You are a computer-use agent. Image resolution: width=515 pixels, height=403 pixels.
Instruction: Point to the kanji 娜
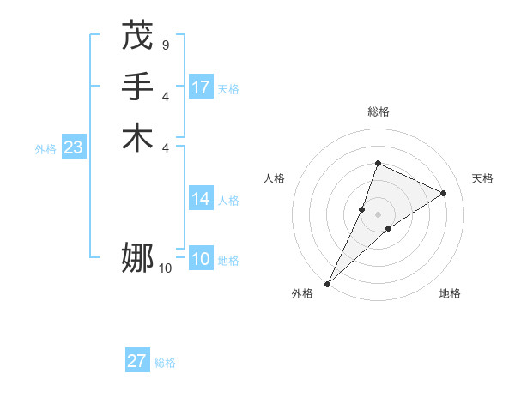coord(137,257)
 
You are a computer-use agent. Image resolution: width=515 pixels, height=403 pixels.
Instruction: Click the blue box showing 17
coord(201,87)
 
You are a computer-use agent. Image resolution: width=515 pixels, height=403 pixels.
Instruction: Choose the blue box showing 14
coord(201,199)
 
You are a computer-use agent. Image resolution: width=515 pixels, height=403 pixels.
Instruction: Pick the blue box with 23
coord(73,147)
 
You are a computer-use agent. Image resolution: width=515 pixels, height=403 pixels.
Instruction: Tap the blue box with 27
coord(137,361)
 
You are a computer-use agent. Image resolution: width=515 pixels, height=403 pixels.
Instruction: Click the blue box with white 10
coord(201,259)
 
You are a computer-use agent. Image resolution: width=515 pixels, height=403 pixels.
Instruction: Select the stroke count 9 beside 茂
coord(165,44)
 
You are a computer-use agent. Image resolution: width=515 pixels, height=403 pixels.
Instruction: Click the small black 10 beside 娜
coord(165,268)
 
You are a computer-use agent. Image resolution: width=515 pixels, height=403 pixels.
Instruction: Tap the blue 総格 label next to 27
coord(165,363)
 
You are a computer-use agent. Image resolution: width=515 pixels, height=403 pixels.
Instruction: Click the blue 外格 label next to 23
coord(45,149)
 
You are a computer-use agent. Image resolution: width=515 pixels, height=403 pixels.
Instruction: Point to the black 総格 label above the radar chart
coord(378,111)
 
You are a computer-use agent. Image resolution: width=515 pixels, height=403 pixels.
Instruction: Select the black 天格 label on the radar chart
coord(482,178)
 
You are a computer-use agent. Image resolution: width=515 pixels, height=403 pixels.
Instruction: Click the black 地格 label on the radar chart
coord(450,293)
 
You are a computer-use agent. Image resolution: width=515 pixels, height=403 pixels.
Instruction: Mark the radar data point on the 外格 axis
coord(328,283)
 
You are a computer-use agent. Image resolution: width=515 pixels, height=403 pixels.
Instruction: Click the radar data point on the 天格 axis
coord(444,193)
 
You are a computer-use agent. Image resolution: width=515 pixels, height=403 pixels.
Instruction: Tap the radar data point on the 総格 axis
coord(378,163)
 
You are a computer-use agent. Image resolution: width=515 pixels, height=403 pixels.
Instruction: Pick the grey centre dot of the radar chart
coord(378,214)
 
